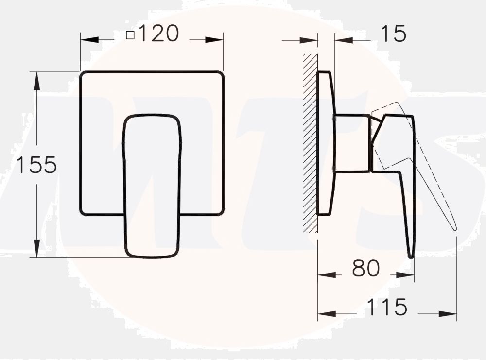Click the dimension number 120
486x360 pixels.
(x=159, y=34)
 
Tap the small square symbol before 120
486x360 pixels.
(x=130, y=35)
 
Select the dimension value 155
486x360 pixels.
(x=37, y=166)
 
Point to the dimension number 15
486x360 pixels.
(x=393, y=34)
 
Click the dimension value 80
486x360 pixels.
(x=365, y=269)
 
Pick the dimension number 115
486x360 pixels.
(x=386, y=308)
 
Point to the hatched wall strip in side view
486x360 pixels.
(x=310, y=141)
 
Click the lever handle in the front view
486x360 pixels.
(x=152, y=185)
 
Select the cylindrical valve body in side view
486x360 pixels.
(x=351, y=143)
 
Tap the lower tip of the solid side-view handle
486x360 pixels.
(x=411, y=255)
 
